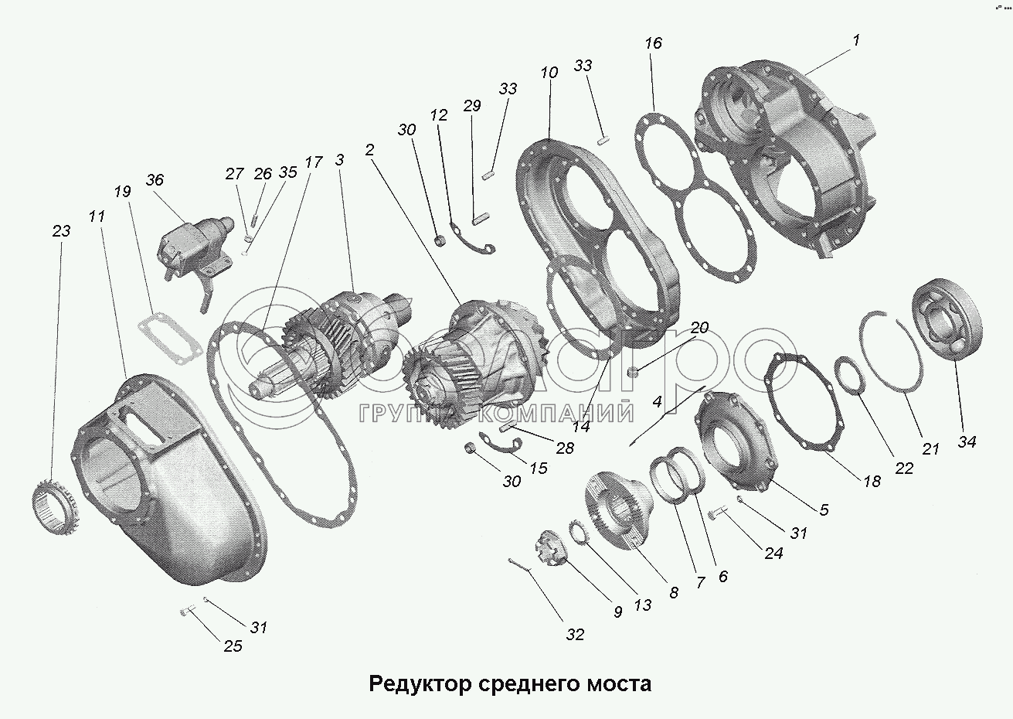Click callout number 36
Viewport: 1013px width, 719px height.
click(155, 180)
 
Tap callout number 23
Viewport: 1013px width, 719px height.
click(61, 231)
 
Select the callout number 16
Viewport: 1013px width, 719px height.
click(653, 43)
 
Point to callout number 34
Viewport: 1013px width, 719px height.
click(967, 441)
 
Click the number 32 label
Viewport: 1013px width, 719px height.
click(574, 635)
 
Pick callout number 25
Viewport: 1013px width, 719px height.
click(233, 646)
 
